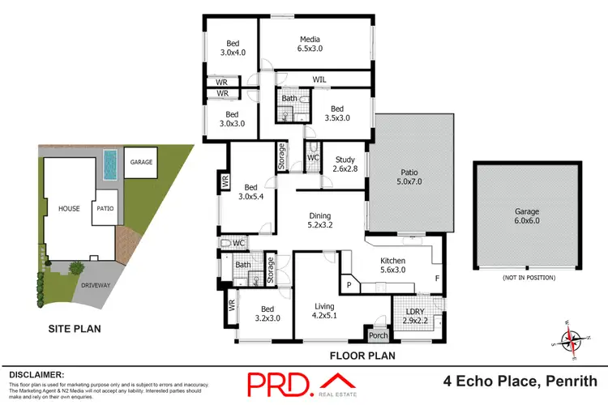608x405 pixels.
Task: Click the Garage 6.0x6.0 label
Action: [x=526, y=215]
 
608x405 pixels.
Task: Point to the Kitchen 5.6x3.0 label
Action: [x=393, y=266]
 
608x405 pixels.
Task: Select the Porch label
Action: [x=377, y=335]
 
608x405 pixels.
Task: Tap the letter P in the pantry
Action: [x=349, y=285]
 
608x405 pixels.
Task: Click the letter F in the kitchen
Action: [x=437, y=279]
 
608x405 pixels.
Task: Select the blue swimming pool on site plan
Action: [x=110, y=166]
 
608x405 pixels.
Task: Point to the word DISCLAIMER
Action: [x=36, y=374]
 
